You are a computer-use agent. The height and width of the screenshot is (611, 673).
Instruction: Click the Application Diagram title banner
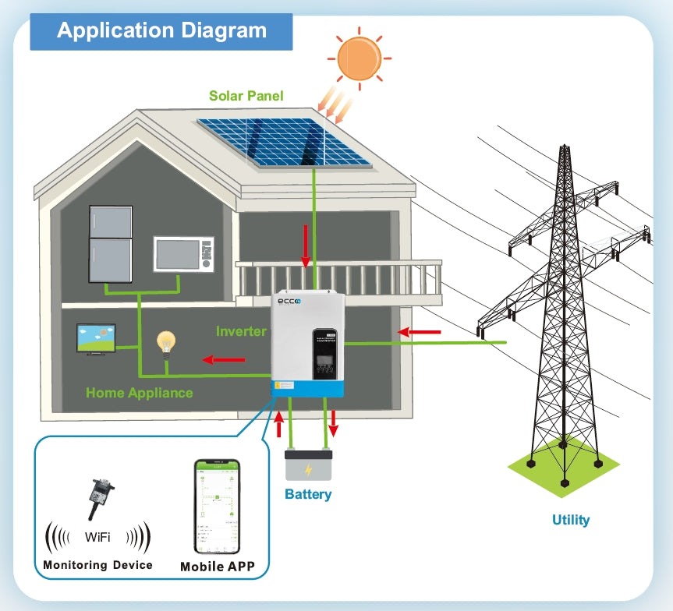click(x=161, y=32)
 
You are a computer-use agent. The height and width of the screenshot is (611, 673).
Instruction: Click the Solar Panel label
click(x=246, y=97)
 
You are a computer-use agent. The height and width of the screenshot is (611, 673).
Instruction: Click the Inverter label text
click(x=242, y=331)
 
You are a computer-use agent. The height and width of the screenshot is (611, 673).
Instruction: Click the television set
click(x=96, y=340)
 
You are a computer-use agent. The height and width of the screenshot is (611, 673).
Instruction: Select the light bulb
click(x=165, y=342)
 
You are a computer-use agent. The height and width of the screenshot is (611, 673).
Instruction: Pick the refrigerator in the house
click(x=111, y=243)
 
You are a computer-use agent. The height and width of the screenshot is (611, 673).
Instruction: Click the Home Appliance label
click(x=140, y=393)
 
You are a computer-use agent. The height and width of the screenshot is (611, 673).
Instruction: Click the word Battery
click(x=308, y=494)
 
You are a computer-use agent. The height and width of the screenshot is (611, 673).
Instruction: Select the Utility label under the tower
click(x=571, y=520)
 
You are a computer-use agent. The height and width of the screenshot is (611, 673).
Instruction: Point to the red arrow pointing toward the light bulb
click(x=224, y=360)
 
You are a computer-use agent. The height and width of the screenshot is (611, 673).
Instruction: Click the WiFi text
click(x=97, y=537)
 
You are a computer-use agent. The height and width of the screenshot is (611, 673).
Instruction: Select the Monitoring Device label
click(x=97, y=564)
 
